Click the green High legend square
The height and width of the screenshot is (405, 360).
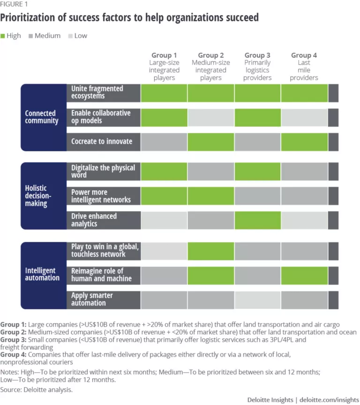pos(3,36)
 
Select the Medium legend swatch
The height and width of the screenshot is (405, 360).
pos(31,36)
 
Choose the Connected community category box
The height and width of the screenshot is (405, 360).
pos(44,117)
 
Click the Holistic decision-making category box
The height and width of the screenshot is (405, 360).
pos(44,195)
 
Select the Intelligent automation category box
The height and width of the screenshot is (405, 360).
pos(44,274)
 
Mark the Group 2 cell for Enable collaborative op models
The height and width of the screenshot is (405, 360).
pos(211,117)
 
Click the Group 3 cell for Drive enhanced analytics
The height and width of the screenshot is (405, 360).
pos(257,220)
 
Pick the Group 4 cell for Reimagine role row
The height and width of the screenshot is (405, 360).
pos(304,275)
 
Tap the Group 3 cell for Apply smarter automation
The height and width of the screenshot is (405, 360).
pos(257,299)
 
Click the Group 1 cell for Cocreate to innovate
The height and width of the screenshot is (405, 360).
pos(164,141)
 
